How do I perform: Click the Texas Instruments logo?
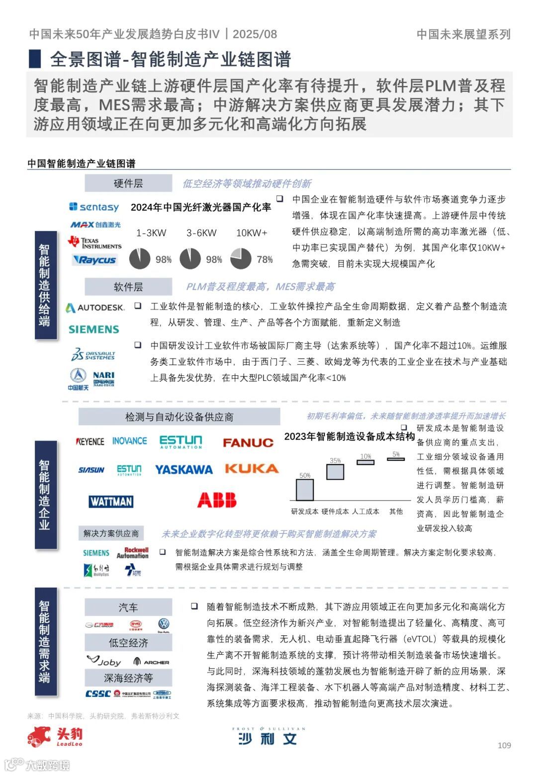click(94, 243)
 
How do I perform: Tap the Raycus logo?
click(94, 260)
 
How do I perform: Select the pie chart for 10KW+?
click(241, 258)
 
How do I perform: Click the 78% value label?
click(265, 259)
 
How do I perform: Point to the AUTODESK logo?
click(95, 308)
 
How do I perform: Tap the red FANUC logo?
click(248, 443)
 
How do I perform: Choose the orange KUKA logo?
click(251, 469)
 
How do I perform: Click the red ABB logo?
click(217, 500)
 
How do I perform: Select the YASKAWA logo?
click(183, 470)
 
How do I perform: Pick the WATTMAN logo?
click(111, 502)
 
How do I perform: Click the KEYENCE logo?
click(90, 441)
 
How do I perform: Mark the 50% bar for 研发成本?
click(305, 490)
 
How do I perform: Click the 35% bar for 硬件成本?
click(335, 472)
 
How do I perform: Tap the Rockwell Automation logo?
click(133, 553)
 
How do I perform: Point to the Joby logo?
click(104, 661)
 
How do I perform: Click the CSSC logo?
click(97, 694)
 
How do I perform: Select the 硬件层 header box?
click(128, 183)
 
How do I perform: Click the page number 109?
click(504, 745)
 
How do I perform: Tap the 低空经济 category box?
click(128, 643)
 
